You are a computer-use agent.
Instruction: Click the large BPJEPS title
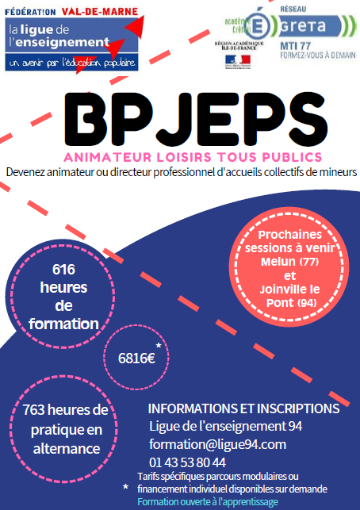click(x=196, y=119)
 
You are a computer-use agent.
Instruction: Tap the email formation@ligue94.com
click(x=217, y=444)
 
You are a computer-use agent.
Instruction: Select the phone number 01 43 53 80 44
click(x=187, y=462)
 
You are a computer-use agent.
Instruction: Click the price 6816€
click(x=136, y=359)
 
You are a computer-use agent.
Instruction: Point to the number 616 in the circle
click(x=63, y=270)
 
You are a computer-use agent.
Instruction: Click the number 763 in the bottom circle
click(x=33, y=410)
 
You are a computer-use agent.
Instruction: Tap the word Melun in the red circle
click(x=278, y=262)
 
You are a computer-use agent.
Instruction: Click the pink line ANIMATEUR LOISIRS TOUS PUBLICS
click(x=193, y=157)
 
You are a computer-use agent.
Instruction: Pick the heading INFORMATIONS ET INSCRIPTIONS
click(x=244, y=408)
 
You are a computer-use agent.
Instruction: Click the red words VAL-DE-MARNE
click(x=100, y=12)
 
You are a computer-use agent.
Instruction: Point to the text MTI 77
click(x=295, y=46)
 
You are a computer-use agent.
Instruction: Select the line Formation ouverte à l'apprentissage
click(x=208, y=501)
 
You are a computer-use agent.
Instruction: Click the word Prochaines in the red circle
click(x=289, y=235)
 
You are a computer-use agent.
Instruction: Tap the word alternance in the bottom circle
click(x=67, y=449)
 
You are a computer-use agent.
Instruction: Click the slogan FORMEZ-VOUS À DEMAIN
click(x=318, y=56)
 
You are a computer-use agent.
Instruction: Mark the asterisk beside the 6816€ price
click(x=159, y=346)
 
